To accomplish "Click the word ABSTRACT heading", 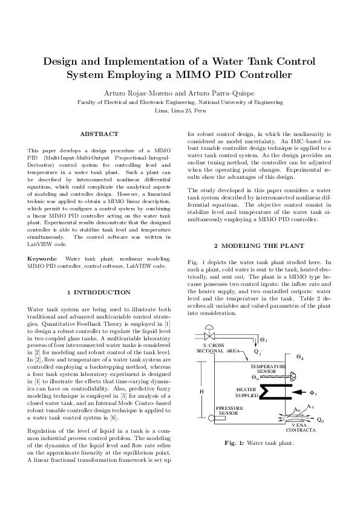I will pos(99,134).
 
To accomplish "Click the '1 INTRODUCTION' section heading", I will pos(99,293).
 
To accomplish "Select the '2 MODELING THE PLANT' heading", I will pos(260,246).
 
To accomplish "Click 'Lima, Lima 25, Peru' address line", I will pos(180,112).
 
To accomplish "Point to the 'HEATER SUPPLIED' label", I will pos(246,392).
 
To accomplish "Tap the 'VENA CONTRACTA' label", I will pos(300,432).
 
